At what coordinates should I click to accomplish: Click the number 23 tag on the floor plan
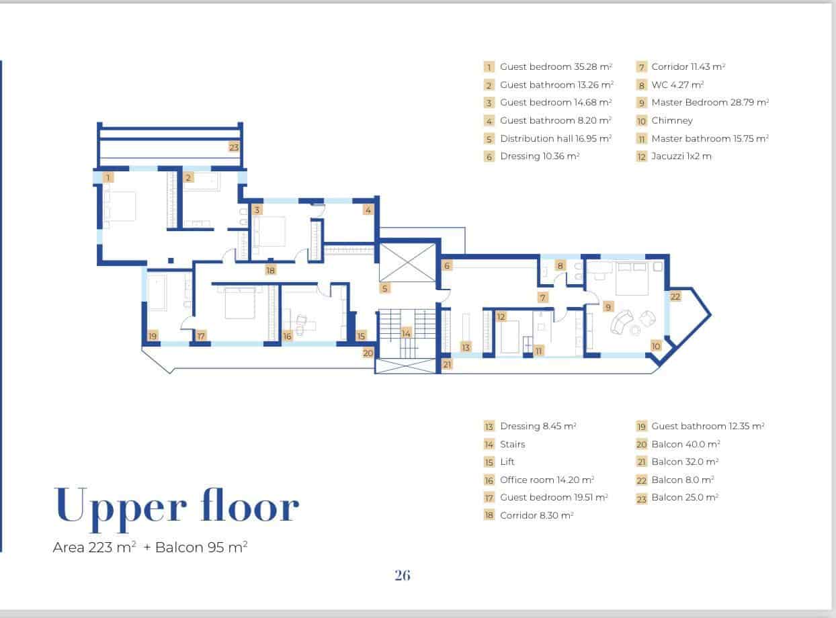point(234,147)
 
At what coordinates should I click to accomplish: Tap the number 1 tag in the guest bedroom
point(109,177)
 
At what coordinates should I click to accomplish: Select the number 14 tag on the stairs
point(406,333)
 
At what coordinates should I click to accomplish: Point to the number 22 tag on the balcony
point(675,296)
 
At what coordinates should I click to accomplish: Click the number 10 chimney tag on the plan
point(656,346)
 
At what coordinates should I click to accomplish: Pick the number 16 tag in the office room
point(288,336)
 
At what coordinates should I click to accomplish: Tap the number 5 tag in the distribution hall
point(385,289)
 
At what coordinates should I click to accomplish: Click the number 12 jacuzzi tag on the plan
point(501,316)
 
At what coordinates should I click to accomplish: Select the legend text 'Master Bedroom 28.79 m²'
point(710,103)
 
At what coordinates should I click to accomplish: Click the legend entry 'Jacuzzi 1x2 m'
point(681,157)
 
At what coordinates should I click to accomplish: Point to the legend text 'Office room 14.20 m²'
point(547,480)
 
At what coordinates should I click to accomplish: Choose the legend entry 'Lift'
point(507,461)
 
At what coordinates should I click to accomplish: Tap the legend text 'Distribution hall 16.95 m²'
point(556,138)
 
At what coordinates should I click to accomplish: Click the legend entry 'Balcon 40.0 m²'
point(685,444)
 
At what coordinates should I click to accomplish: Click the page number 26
point(403,575)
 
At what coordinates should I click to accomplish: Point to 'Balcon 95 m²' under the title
point(202,547)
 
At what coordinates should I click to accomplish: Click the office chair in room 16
point(300,325)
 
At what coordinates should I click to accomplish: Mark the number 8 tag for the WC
point(560,265)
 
